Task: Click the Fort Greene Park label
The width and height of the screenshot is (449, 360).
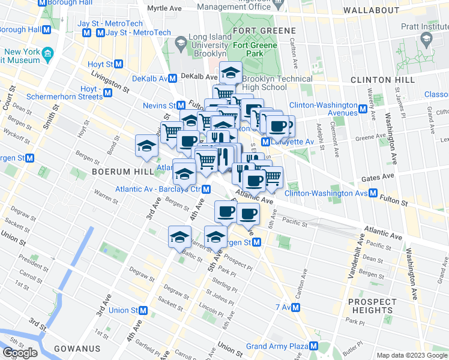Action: pos(255,50)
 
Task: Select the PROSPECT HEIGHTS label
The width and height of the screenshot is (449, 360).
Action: pos(372,306)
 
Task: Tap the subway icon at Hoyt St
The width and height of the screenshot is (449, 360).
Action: pos(119,64)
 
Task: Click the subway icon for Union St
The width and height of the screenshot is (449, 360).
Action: pos(143,310)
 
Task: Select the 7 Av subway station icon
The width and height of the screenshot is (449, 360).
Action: pos(296,307)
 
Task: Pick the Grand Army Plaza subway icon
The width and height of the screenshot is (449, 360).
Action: pos(313,346)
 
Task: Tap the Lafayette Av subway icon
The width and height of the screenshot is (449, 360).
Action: pos(265,141)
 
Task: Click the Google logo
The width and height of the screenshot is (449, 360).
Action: pos(19,353)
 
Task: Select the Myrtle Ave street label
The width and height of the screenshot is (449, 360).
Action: pos(164,9)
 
